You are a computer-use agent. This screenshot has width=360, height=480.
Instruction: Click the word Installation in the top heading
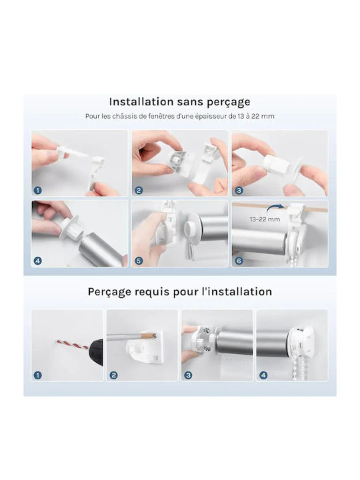(141, 101)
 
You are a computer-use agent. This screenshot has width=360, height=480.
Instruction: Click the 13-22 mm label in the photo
(265, 219)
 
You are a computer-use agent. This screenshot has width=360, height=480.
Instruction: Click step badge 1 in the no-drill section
(37, 191)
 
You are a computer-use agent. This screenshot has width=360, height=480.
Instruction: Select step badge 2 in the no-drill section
(139, 191)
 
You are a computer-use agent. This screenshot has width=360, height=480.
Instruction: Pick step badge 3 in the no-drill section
(239, 191)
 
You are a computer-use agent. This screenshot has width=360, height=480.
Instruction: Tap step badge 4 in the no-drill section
(37, 261)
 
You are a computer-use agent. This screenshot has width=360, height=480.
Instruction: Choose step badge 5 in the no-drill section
(139, 261)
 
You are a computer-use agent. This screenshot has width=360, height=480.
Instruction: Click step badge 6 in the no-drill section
(239, 261)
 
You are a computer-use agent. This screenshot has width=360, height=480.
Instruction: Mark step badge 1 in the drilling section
(37, 375)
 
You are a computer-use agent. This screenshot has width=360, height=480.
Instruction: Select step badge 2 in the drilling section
(113, 375)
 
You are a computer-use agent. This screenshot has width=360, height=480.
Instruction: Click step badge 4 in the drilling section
(263, 375)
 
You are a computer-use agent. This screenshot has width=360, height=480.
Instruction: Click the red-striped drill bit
(73, 344)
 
